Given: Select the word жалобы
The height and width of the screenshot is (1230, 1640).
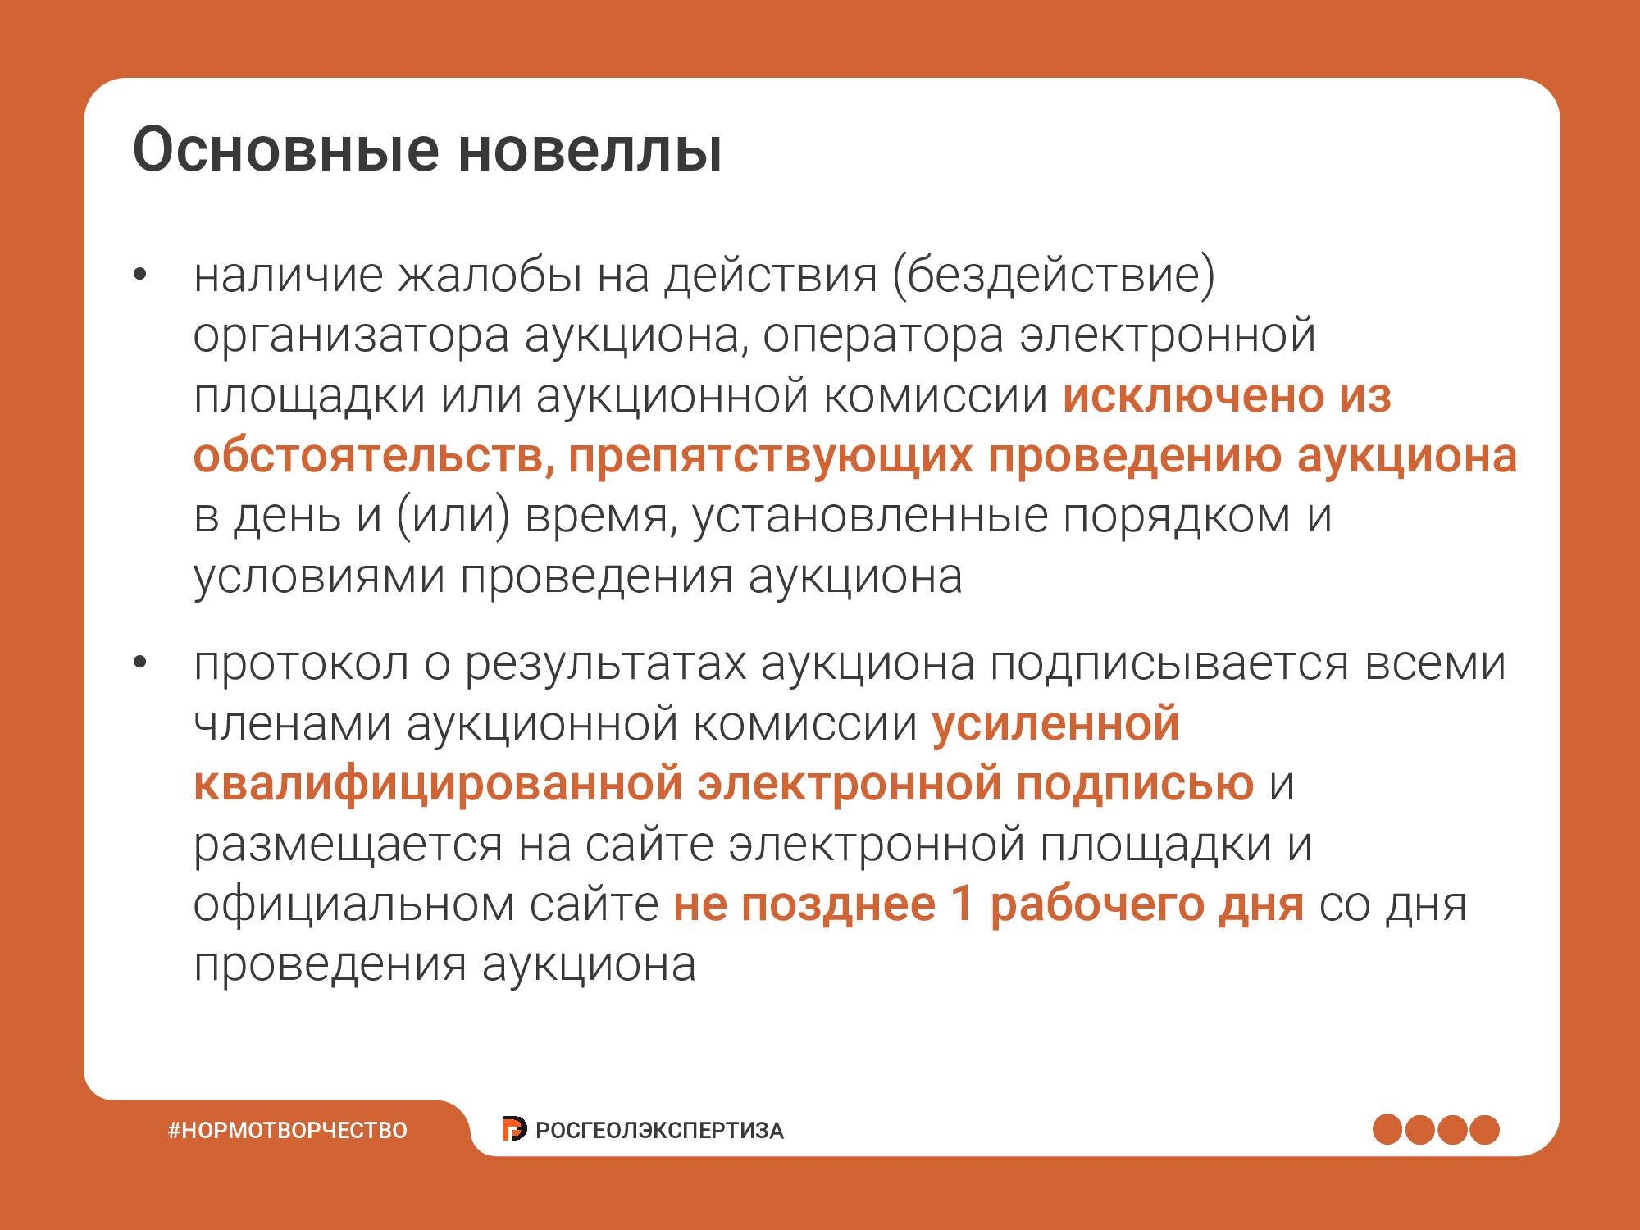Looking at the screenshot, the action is [490, 276].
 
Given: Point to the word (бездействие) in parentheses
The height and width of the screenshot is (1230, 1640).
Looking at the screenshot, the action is [1054, 276].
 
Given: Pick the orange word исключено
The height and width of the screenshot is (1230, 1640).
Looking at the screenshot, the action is [1194, 396].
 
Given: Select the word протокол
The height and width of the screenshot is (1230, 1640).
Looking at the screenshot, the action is [301, 665].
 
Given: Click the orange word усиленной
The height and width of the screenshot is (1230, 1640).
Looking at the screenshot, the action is [1055, 725].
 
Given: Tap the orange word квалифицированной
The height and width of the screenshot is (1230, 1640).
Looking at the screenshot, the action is [438, 785].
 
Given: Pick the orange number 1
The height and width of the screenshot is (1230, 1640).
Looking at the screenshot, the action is [962, 904].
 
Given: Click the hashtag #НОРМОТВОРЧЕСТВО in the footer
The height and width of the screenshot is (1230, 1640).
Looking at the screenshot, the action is [288, 1130].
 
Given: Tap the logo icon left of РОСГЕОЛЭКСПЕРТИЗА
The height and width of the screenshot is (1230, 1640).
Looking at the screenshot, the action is [514, 1129].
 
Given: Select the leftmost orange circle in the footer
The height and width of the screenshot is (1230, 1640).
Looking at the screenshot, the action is [1387, 1129].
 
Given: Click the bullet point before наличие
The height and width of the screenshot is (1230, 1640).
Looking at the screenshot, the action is [139, 276].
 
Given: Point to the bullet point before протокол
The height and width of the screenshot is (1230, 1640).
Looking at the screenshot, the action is [139, 665].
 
